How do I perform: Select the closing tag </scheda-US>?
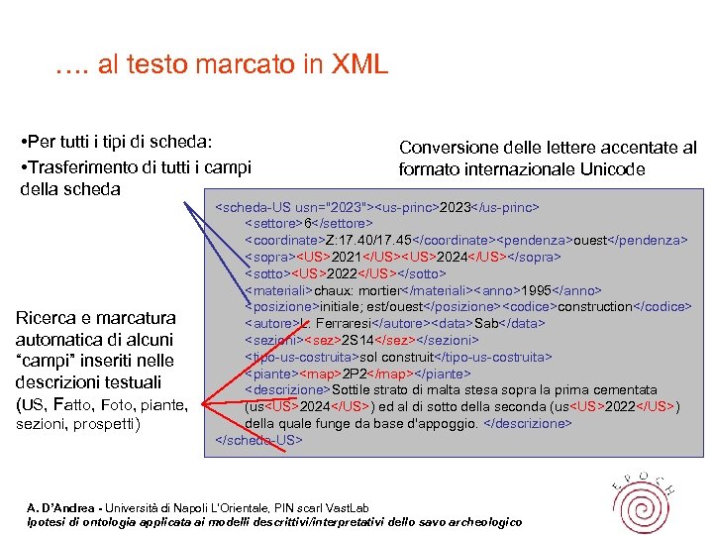pyautogui.click(x=258, y=439)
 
